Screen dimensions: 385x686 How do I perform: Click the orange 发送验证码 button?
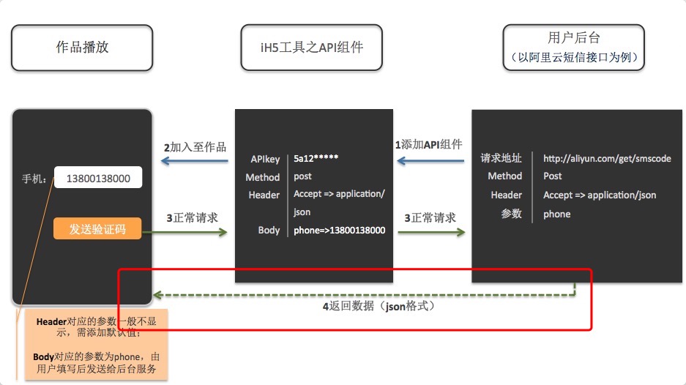pyautogui.click(x=97, y=229)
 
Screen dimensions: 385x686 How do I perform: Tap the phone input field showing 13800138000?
pyautogui.click(x=98, y=179)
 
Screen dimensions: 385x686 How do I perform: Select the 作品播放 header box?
pyautogui.click(x=82, y=48)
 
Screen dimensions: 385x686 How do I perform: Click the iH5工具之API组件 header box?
pyautogui.click(x=313, y=48)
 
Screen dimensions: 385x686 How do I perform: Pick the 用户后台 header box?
pyautogui.click(x=573, y=48)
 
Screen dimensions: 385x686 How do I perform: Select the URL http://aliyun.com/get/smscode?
pyautogui.click(x=606, y=158)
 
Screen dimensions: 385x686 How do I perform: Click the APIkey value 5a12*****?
pyautogui.click(x=316, y=158)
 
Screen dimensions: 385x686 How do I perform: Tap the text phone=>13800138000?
pyautogui.click(x=339, y=231)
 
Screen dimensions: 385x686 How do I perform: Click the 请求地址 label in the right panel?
pyautogui.click(x=501, y=158)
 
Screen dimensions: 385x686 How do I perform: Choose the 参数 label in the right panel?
pyautogui.click(x=511, y=214)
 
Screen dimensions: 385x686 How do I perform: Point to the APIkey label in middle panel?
pyautogui.click(x=264, y=158)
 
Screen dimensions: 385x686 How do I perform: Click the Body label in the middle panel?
pyautogui.click(x=269, y=231)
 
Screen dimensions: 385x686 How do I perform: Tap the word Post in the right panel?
pyautogui.click(x=552, y=176)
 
